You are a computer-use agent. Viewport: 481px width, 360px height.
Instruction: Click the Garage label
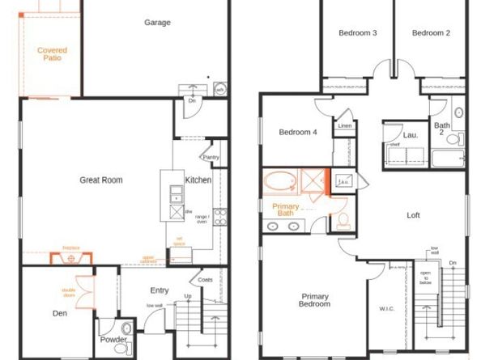(157, 23)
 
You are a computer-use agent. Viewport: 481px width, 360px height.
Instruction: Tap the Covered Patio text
(52, 54)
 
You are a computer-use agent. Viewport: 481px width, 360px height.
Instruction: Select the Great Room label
(101, 180)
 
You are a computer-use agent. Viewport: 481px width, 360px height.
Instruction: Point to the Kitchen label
(198, 180)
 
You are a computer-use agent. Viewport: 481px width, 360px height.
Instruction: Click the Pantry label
(211, 157)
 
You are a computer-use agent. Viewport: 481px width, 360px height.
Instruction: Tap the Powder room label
(113, 340)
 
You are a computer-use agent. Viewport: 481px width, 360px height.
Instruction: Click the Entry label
(160, 290)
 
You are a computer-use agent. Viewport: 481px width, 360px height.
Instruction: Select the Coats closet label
(206, 281)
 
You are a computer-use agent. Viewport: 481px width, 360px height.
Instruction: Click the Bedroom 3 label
(357, 33)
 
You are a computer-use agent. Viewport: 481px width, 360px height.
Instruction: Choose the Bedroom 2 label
(431, 33)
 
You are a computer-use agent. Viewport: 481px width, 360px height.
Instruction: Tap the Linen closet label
(345, 126)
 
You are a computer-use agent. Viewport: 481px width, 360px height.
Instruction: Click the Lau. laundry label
(411, 135)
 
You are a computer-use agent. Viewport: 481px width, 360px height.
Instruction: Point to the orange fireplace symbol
(72, 258)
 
